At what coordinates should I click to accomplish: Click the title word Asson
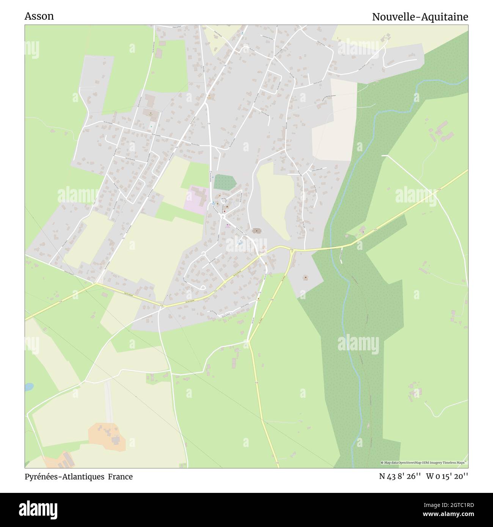coord(39,16)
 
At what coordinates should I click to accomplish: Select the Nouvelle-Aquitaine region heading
coord(420,17)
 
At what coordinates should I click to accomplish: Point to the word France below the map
coord(120,477)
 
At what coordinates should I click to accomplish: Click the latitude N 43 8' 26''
coord(400,476)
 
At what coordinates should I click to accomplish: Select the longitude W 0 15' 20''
coord(447,476)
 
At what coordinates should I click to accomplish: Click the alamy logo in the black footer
coord(38,509)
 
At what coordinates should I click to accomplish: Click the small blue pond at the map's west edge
coord(29,387)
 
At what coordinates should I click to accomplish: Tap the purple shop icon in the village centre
coord(228,226)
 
